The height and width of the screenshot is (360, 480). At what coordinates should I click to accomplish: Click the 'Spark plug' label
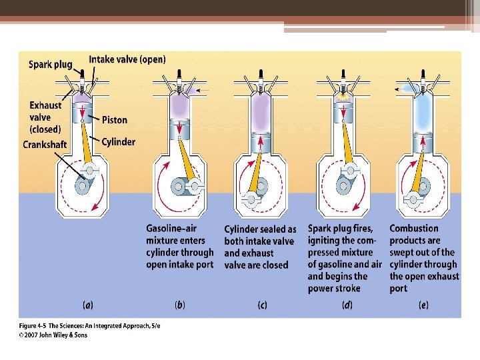pyautogui.click(x=50, y=65)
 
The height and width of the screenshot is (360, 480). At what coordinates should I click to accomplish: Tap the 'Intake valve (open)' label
pyautogui.click(x=127, y=59)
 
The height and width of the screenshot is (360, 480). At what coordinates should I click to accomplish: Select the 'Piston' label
pyautogui.click(x=115, y=120)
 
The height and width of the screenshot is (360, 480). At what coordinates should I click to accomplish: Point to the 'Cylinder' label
pyautogui.click(x=118, y=141)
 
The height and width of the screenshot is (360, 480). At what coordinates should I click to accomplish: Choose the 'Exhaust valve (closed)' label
pyautogui.click(x=45, y=117)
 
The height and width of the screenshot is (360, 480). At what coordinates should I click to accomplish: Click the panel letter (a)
pyautogui.click(x=87, y=305)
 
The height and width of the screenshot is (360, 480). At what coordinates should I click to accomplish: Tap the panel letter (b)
pyautogui.click(x=180, y=305)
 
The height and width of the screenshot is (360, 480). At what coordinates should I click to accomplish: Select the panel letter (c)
pyautogui.click(x=263, y=305)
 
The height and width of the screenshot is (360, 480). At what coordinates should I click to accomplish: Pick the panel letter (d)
pyautogui.click(x=347, y=305)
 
